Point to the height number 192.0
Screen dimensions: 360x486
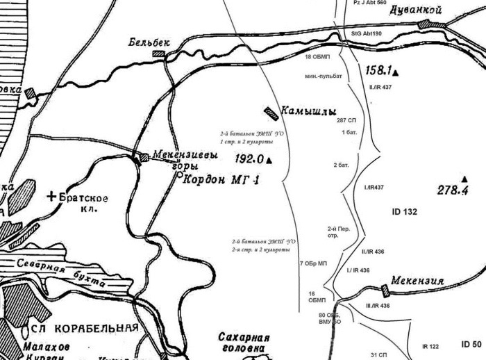[249, 158]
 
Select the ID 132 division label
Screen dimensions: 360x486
[404, 211]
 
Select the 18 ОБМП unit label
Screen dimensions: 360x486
[317, 56]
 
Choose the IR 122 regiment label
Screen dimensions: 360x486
[431, 346]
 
